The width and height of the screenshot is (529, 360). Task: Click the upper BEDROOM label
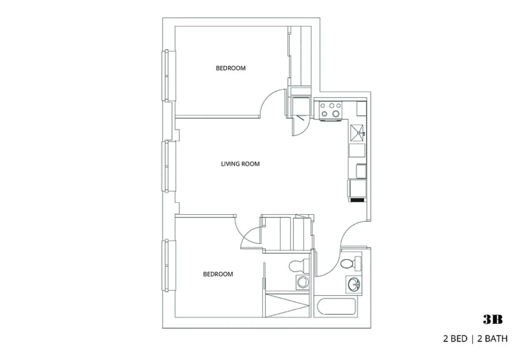coord(231,68)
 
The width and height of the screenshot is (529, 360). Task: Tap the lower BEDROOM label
coord(218,274)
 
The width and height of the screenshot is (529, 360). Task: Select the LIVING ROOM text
coord(240,164)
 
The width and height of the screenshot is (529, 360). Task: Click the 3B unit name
coord(493,319)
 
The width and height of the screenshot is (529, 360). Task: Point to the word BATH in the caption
coord(492,339)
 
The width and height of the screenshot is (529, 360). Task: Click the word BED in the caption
coord(459,339)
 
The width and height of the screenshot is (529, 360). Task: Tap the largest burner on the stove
coord(336,114)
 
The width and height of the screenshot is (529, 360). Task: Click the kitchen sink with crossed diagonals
coord(357,133)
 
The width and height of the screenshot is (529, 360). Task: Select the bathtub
coord(336,306)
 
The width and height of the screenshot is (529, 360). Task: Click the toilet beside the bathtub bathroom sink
coord(351,264)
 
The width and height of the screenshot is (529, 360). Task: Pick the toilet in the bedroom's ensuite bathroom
coord(299,266)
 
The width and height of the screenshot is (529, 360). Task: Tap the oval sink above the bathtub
coord(354,284)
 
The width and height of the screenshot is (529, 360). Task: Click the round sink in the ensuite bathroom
coord(303,282)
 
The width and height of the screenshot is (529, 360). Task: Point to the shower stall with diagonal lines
coord(288,306)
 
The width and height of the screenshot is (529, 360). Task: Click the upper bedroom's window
coord(169,76)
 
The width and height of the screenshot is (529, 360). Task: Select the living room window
coord(169,166)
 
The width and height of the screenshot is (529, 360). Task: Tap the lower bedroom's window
coord(169,265)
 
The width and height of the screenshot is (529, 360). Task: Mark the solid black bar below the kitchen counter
coord(357,200)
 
